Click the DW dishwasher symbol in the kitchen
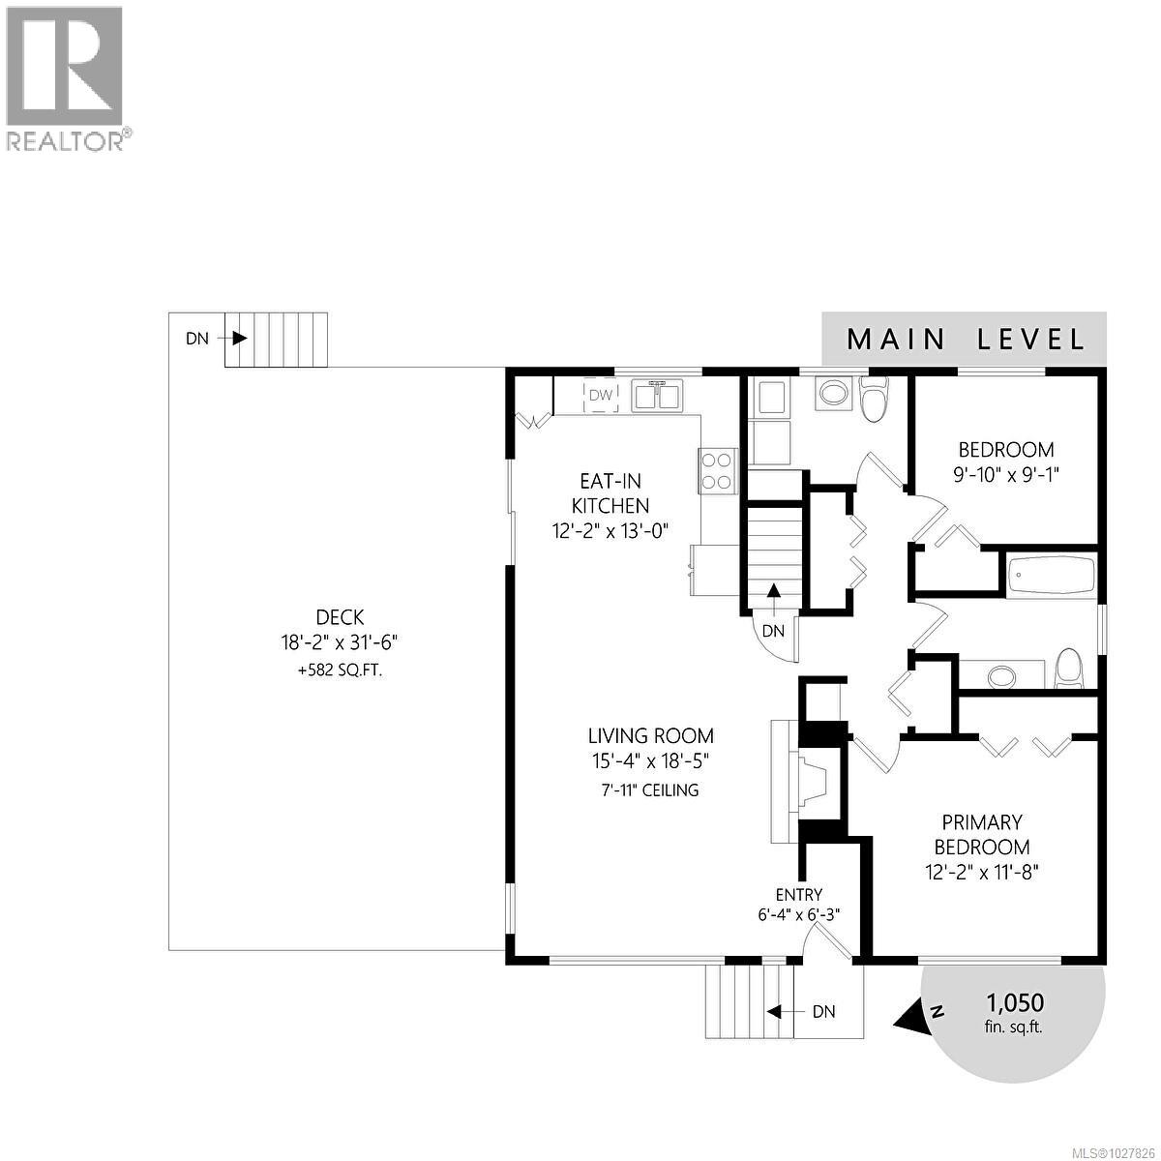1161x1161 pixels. click(601, 395)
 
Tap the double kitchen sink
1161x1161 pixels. click(658, 395)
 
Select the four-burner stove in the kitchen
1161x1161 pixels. click(717, 471)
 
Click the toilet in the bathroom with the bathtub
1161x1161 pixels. click(1068, 668)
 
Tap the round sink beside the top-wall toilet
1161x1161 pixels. click(831, 392)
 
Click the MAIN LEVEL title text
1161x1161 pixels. click(965, 340)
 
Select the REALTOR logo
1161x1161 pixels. click(66, 78)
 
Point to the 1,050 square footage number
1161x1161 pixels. click(1014, 1001)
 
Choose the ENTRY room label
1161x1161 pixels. click(799, 895)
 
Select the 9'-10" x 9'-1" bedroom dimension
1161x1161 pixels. click(1006, 474)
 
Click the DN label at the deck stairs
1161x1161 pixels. click(196, 339)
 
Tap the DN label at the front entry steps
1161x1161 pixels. click(823, 1012)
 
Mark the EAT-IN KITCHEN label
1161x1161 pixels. click(610, 492)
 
